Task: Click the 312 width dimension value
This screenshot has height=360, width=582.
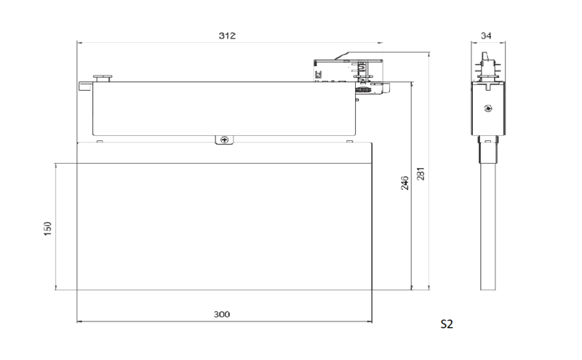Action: (227, 36)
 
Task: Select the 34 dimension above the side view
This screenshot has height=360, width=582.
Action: (486, 36)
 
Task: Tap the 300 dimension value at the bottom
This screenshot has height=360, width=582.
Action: (222, 314)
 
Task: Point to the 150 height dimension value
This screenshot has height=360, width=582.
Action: (47, 228)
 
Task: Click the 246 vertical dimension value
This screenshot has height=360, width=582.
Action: (404, 183)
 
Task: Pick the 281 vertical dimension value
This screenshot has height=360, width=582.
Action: (420, 174)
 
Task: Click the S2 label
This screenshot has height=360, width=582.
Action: (447, 324)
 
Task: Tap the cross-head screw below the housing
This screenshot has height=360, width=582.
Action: (224, 140)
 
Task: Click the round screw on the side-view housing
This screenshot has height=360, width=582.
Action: (488, 108)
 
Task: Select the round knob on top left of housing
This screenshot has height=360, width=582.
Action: (103, 78)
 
